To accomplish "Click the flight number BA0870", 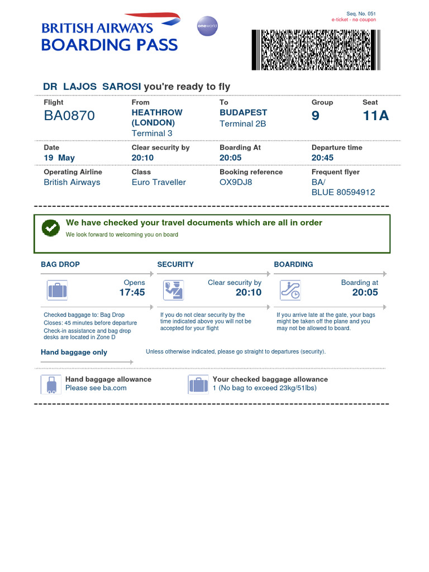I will (x=69, y=116).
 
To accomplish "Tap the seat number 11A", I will (x=375, y=116).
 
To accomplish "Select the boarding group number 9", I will (x=316, y=116).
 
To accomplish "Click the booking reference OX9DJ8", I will (x=236, y=182).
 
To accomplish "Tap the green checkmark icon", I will (x=51, y=227).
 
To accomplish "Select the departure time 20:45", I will (x=322, y=158).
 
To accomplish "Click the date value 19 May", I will (x=59, y=158).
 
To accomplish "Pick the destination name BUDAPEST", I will (x=244, y=112).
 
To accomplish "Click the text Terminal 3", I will (x=152, y=133).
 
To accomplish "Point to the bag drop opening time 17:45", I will (x=132, y=292).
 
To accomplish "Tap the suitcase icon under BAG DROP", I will (x=57, y=290).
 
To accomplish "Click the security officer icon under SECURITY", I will (x=173, y=290).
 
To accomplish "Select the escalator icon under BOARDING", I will (x=290, y=290).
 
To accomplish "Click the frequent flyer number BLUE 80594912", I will (x=343, y=192).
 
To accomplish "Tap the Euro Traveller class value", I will (x=159, y=182).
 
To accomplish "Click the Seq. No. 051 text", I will (x=361, y=13).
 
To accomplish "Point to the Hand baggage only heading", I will (x=74, y=352).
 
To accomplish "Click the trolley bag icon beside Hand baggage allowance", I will (x=51, y=384).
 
